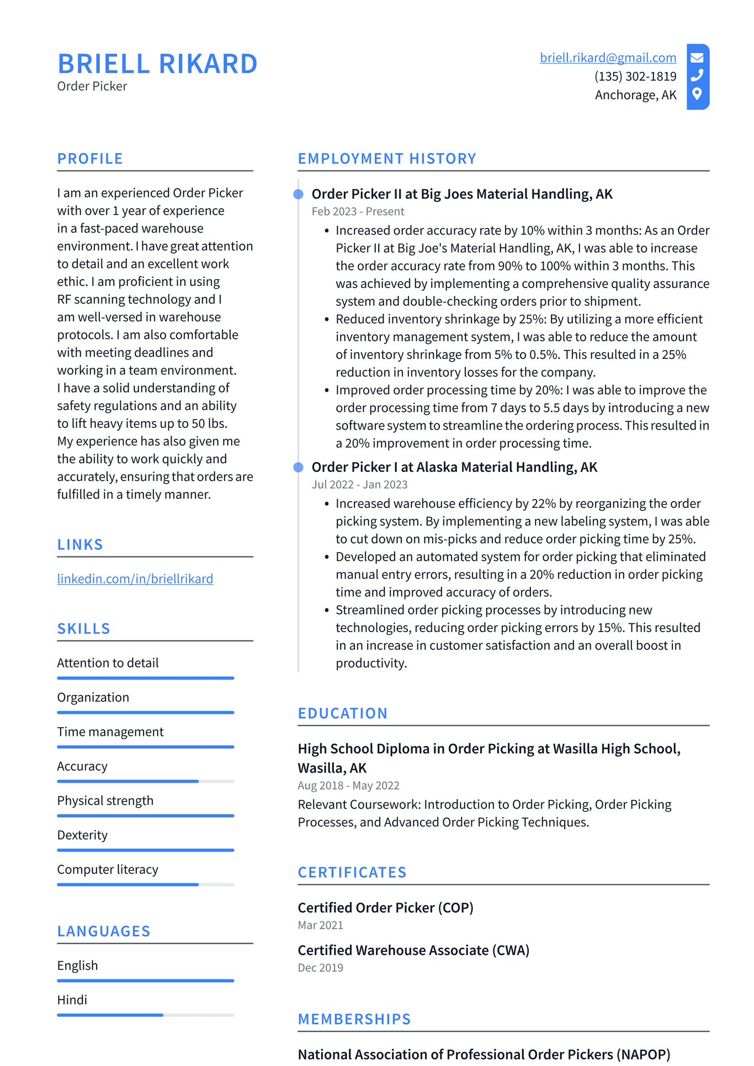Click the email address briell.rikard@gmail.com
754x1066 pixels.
(608, 58)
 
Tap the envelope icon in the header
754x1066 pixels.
(697, 57)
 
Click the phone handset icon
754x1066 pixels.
(697, 75)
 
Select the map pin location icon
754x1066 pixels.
(697, 94)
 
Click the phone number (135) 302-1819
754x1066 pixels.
(635, 76)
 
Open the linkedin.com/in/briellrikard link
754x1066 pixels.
(135, 579)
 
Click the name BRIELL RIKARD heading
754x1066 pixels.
(157, 63)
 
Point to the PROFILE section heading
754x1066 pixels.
(90, 158)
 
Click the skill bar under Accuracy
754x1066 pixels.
(145, 781)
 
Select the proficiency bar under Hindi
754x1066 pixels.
(145, 1015)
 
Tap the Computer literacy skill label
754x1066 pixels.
(108, 869)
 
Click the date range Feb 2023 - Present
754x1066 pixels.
(358, 211)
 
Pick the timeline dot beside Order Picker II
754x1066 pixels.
(299, 194)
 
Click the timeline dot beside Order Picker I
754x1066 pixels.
(299, 468)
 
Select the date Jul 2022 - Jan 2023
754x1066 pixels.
(359, 485)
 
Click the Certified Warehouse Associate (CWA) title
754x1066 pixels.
(413, 950)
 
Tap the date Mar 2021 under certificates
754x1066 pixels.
(320, 925)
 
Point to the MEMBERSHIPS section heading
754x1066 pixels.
(354, 1019)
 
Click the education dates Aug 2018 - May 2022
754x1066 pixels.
(348, 786)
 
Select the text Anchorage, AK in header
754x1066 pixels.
(635, 95)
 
